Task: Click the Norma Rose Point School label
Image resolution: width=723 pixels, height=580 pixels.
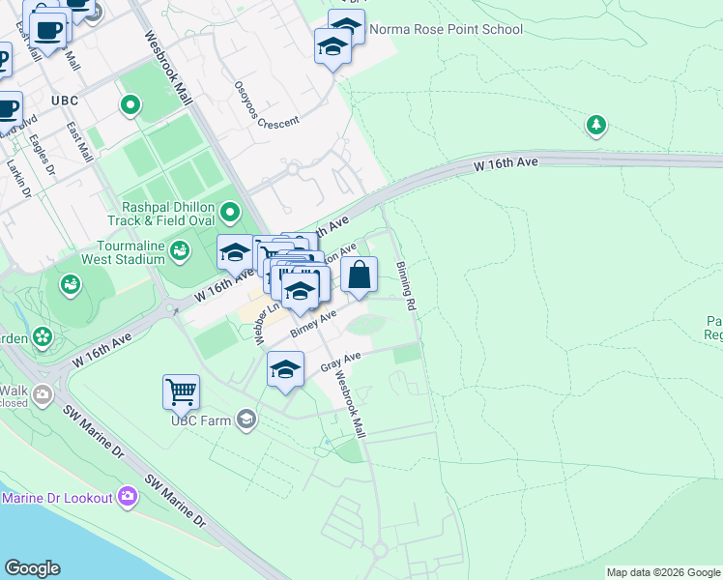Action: (x=446, y=29)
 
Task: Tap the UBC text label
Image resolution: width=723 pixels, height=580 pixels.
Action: (x=65, y=101)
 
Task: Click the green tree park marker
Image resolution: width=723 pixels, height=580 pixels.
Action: (x=596, y=125)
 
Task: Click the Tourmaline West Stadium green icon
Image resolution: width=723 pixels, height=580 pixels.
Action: (x=179, y=251)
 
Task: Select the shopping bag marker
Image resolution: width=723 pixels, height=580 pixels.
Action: (x=359, y=275)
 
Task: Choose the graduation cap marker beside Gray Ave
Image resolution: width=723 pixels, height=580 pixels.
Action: (x=285, y=371)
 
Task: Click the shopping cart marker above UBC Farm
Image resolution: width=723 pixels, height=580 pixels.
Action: (x=181, y=392)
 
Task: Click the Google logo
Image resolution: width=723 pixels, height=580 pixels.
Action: (x=32, y=568)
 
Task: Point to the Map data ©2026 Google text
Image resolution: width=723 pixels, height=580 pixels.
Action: (x=663, y=572)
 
